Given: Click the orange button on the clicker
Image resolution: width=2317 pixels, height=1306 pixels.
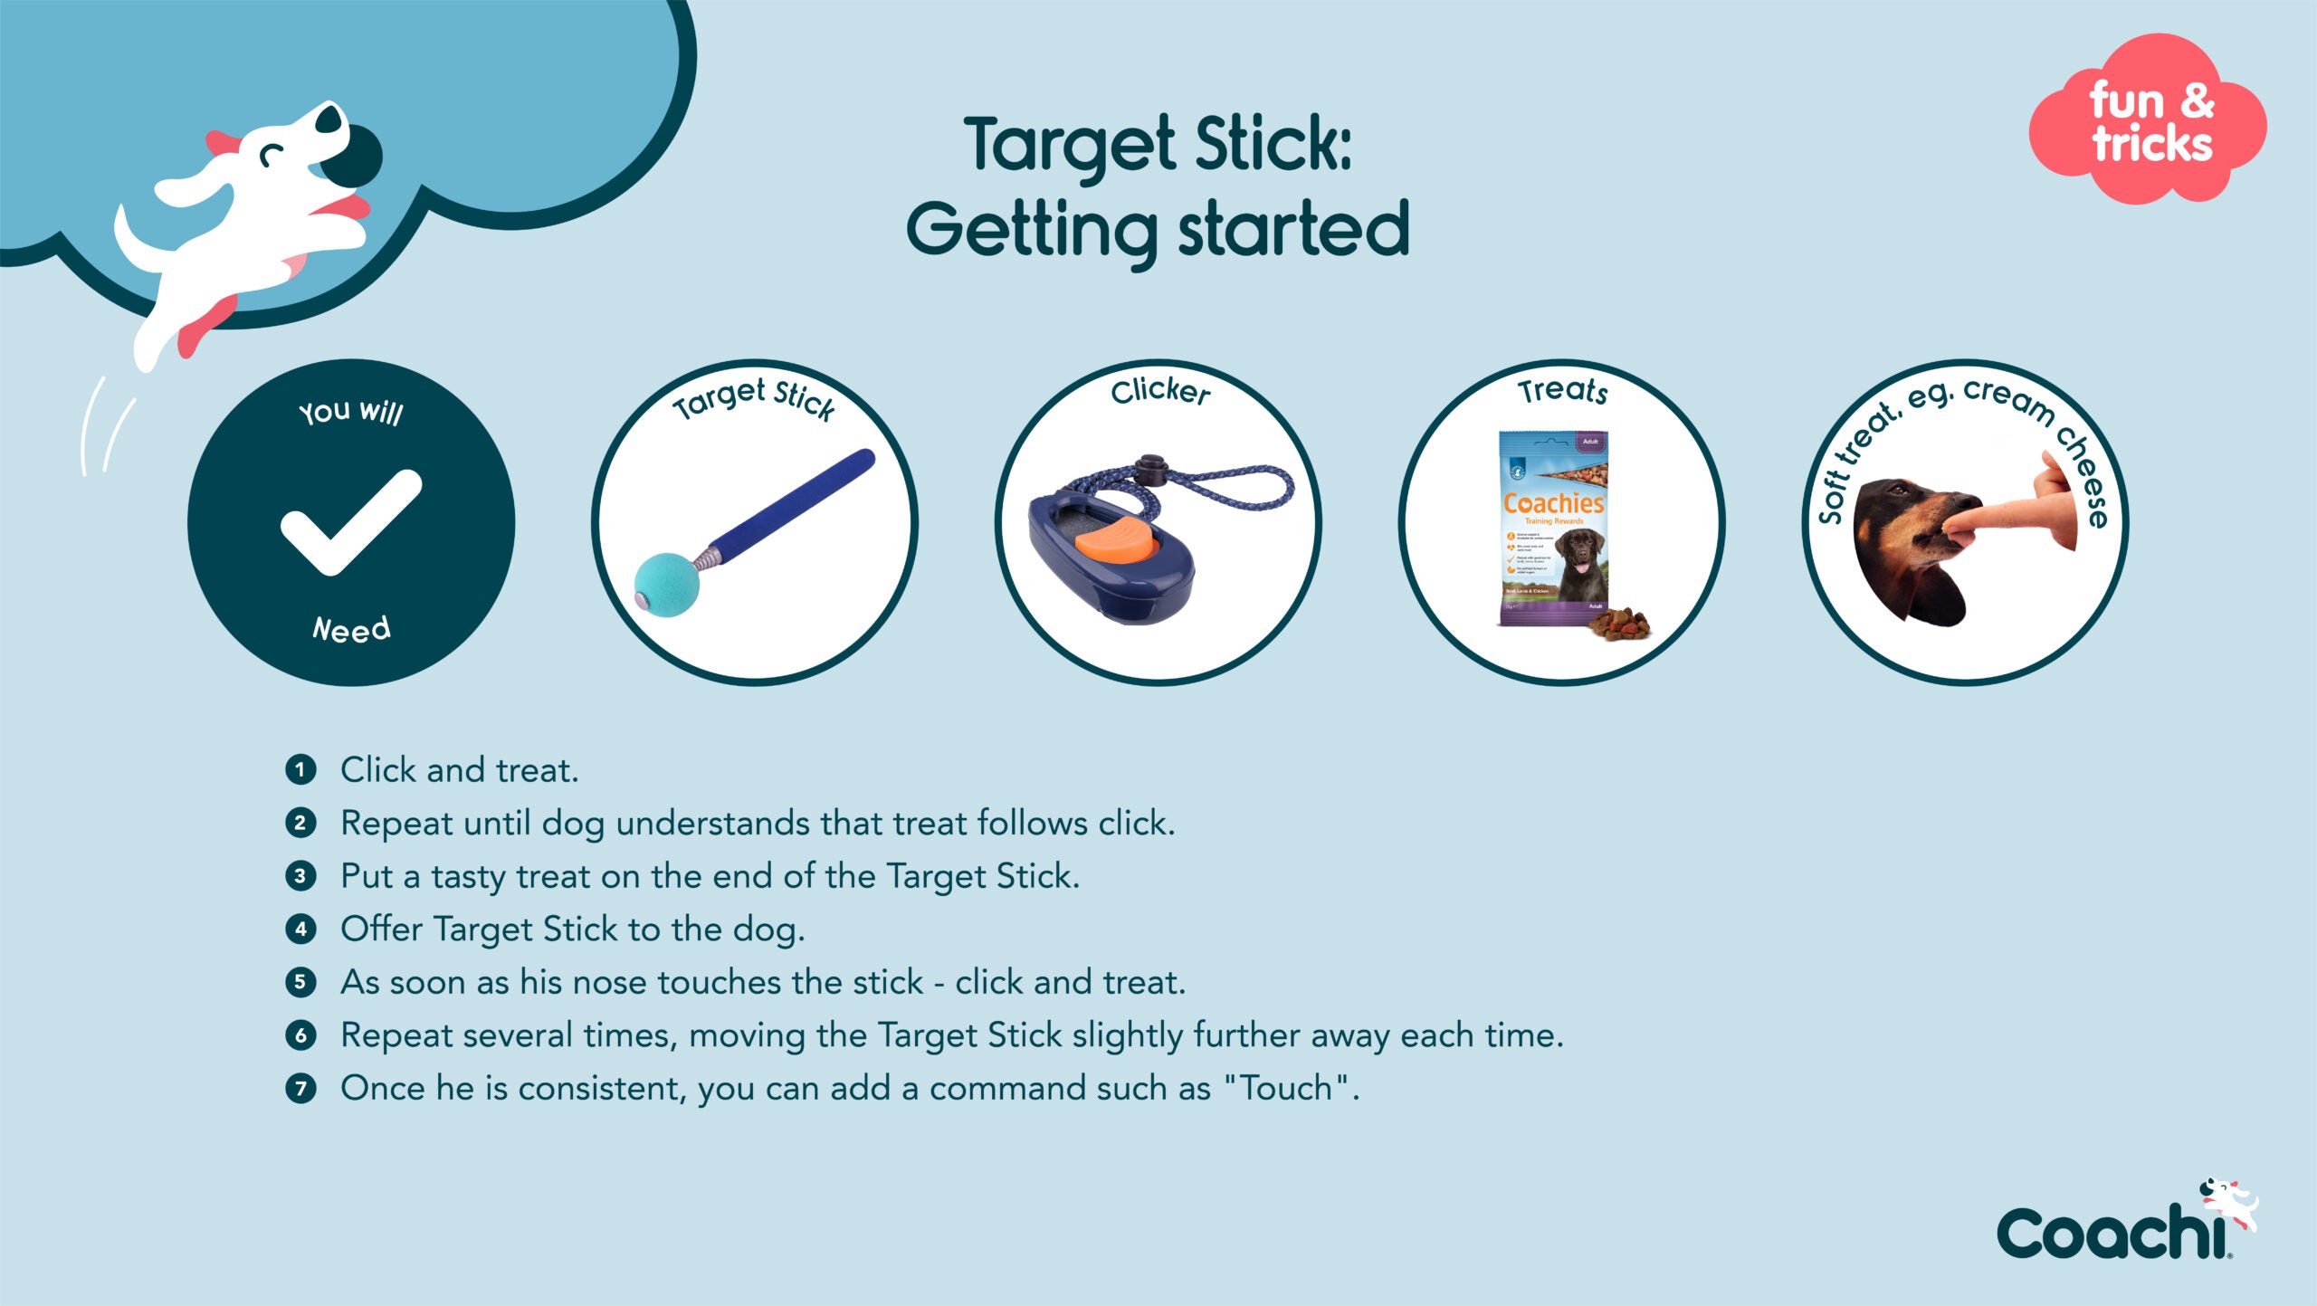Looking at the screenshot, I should pos(1116,544).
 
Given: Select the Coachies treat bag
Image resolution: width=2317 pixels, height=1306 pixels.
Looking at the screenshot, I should pos(1553,528).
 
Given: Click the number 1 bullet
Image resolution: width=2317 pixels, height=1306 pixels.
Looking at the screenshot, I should pos(300,770).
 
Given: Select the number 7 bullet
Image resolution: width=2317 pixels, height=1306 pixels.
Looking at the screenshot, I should pos(300,1088).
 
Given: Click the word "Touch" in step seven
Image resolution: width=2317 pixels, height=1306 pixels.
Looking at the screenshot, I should pos(1285,1088).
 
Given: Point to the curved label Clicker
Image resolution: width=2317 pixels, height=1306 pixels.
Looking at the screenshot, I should pos(1160,391).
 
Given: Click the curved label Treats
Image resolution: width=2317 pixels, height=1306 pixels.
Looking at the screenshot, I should pos(1563,391).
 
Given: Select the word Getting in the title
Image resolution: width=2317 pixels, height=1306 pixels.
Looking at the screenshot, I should pos(1032,231).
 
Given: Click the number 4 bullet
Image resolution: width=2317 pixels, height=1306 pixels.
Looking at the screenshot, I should pos(300,929).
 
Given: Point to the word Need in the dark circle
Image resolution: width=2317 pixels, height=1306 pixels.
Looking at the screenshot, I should pos(351,629).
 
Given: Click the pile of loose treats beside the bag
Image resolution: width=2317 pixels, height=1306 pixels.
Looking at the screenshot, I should pos(1620,624).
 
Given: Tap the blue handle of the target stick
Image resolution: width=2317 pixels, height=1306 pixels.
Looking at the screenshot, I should pos(796,502).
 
